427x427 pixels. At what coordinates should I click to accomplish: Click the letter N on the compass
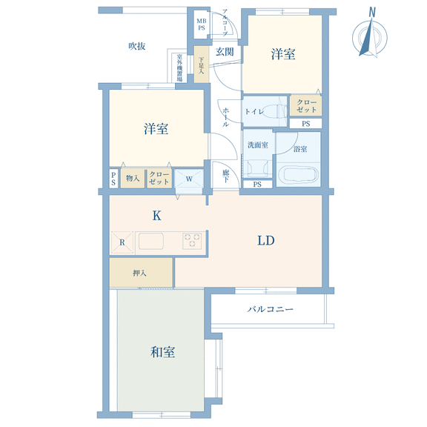pos(372,13)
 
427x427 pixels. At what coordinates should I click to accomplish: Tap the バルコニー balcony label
pos(270,309)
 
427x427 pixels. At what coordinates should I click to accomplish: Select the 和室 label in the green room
pos(162,352)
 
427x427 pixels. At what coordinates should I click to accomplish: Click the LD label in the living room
pos(266,240)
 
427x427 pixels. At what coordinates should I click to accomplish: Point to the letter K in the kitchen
pos(156,216)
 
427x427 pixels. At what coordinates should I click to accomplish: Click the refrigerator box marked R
pos(122,242)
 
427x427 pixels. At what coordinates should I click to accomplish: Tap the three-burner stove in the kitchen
pos(192,241)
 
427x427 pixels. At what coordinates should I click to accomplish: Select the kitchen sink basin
pos(151,241)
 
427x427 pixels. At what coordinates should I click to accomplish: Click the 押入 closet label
pos(139,273)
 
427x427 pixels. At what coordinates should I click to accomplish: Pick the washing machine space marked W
pos(189,178)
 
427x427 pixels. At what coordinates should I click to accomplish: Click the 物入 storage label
pos(133,179)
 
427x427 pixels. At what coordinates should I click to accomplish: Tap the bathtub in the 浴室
pos(299,175)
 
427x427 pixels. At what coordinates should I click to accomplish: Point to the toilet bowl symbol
pos(274,111)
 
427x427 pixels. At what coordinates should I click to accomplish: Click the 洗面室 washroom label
pos(258,145)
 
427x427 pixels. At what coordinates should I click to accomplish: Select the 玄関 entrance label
pos(225,52)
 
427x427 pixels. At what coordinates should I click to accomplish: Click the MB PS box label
pos(202,24)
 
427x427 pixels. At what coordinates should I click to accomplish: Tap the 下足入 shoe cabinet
pos(201,64)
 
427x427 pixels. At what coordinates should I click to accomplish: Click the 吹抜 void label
pos(137,46)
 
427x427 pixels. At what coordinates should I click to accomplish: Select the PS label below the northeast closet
pos(306,124)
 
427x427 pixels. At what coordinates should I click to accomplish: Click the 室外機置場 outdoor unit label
pos(179,67)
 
